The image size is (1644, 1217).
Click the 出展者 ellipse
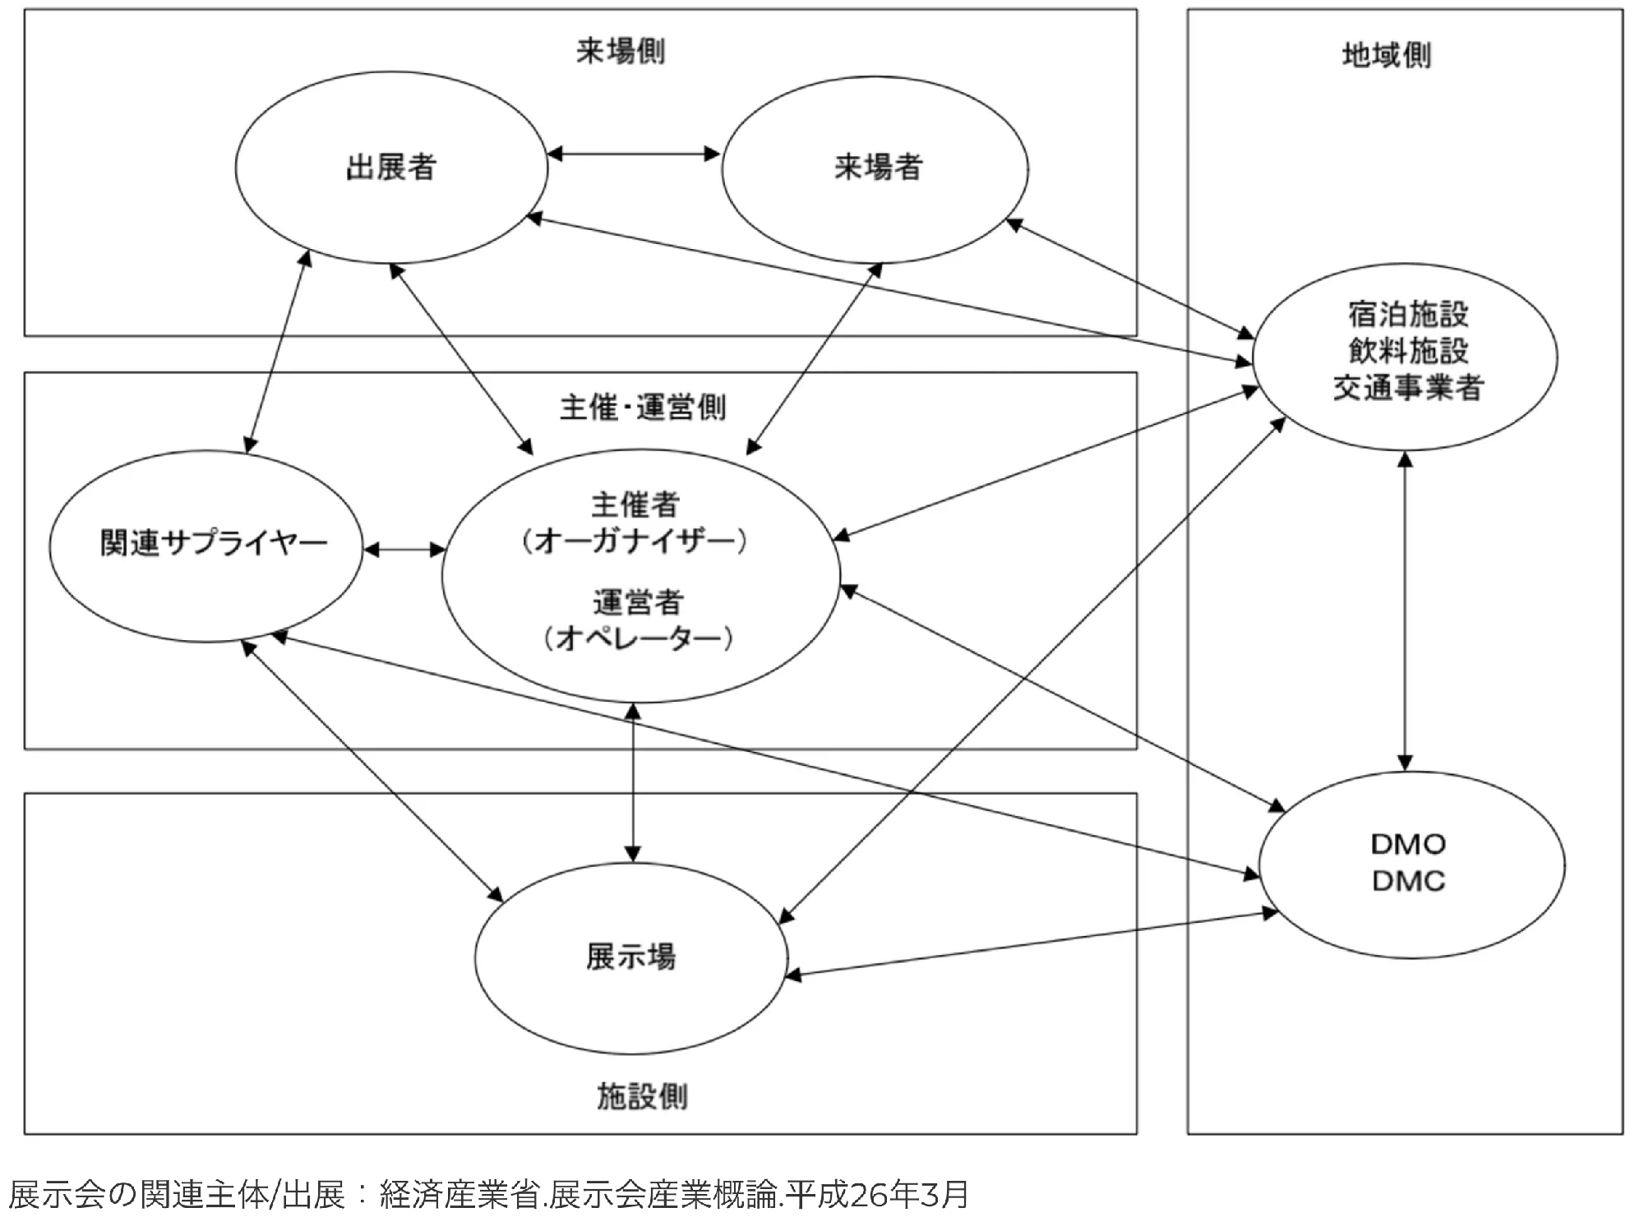[391, 168]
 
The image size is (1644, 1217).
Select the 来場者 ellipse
[876, 168]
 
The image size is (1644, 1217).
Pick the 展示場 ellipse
[631, 957]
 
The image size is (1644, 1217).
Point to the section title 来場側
[621, 52]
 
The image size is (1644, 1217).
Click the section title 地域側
[1387, 55]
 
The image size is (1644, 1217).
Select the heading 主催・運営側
[643, 407]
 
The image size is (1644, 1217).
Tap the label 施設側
[642, 1096]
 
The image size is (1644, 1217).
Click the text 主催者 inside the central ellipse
[635, 505]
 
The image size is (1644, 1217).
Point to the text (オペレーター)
[638, 638]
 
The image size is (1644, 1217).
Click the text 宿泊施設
[1408, 314]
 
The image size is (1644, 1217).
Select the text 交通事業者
[1408, 388]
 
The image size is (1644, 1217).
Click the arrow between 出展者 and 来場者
[634, 154]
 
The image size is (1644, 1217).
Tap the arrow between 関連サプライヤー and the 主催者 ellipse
[404, 550]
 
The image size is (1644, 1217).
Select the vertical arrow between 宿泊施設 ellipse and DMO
[1405, 611]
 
